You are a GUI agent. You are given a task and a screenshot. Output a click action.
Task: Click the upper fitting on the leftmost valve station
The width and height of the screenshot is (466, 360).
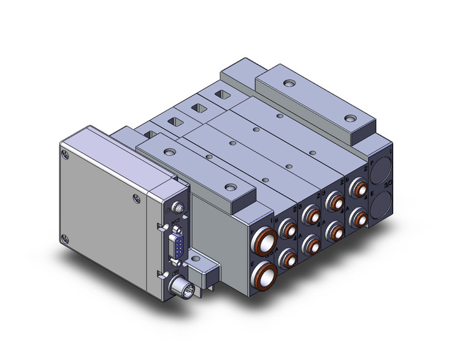(x=288, y=230)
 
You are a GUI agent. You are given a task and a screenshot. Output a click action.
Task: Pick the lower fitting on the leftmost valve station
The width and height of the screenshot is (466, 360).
(x=286, y=258)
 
